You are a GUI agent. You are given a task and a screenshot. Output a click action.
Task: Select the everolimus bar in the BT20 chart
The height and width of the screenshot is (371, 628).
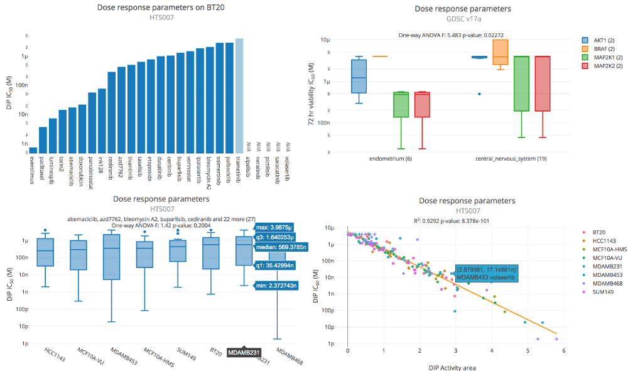(x=33, y=150)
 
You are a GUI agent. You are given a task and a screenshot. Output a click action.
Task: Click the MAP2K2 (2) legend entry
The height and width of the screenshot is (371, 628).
(x=604, y=66)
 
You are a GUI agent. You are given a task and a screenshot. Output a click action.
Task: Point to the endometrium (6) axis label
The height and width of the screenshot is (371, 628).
(x=390, y=159)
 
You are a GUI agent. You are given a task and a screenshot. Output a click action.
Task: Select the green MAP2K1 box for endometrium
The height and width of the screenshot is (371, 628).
(x=401, y=104)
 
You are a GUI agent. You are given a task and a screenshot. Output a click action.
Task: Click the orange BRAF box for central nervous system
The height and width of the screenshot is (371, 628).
(x=501, y=52)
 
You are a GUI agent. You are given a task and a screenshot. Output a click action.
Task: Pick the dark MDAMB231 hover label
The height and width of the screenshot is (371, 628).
(x=244, y=352)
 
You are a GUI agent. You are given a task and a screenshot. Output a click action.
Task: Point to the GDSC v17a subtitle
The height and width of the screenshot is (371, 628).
(x=463, y=19)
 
